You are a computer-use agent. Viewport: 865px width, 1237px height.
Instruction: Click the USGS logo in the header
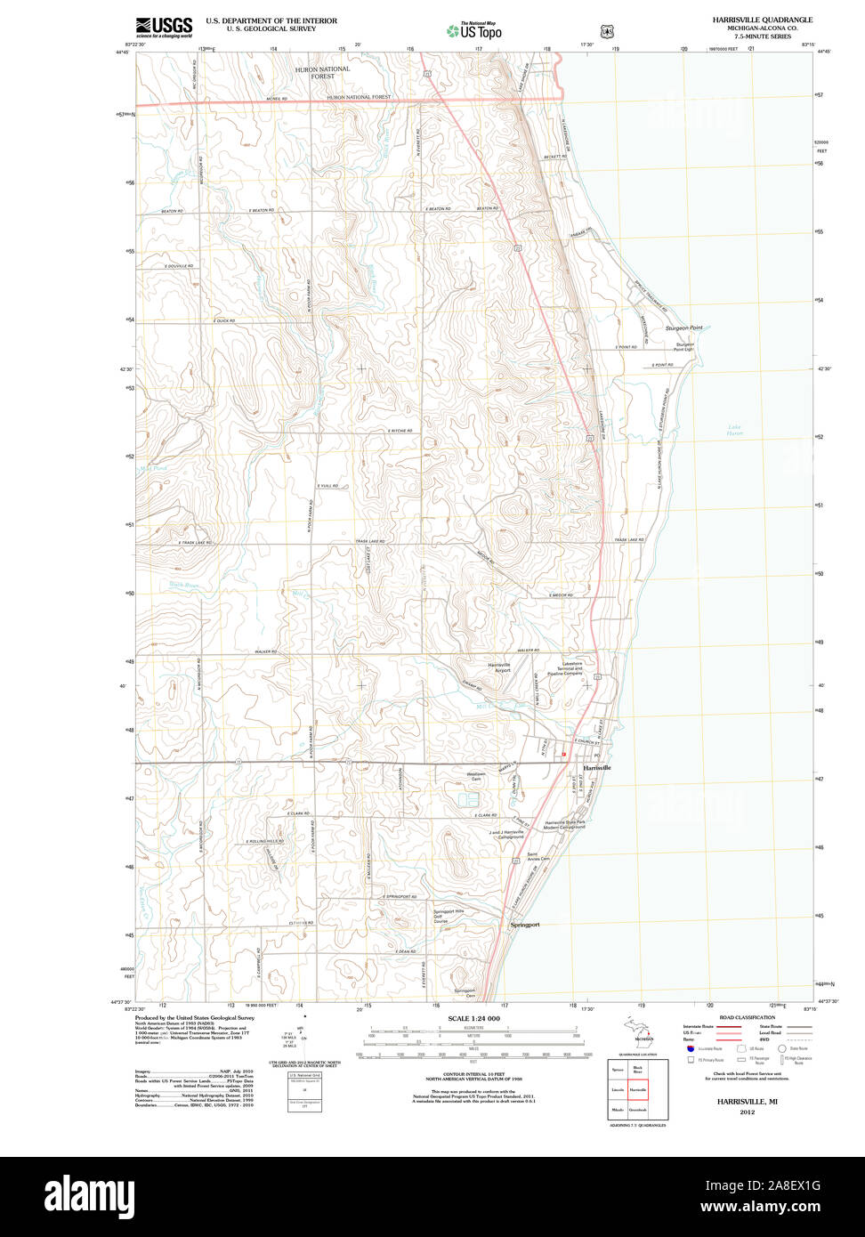click(x=164, y=27)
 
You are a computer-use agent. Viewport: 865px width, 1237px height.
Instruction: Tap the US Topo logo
click(x=474, y=31)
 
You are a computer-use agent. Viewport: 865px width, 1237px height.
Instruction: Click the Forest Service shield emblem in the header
click(x=607, y=31)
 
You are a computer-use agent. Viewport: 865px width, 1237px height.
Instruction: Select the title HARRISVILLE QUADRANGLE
click(x=762, y=19)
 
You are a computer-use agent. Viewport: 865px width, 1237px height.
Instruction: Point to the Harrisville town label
click(x=597, y=767)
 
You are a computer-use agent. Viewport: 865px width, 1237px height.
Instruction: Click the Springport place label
click(x=525, y=925)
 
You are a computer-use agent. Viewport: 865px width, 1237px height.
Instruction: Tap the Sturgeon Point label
click(x=683, y=328)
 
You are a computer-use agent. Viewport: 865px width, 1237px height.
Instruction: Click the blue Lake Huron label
click(x=734, y=431)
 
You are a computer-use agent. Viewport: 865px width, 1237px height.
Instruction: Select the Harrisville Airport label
click(x=499, y=667)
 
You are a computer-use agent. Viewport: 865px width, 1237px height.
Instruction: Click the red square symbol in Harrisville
click(x=563, y=755)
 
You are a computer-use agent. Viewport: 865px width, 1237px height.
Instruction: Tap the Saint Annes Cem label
click(x=538, y=857)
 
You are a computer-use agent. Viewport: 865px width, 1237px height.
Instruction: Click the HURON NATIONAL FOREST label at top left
click(x=323, y=72)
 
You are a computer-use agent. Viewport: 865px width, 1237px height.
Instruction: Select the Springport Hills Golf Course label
click(x=448, y=916)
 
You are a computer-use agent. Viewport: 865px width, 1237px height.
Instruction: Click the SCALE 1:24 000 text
click(x=473, y=1018)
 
